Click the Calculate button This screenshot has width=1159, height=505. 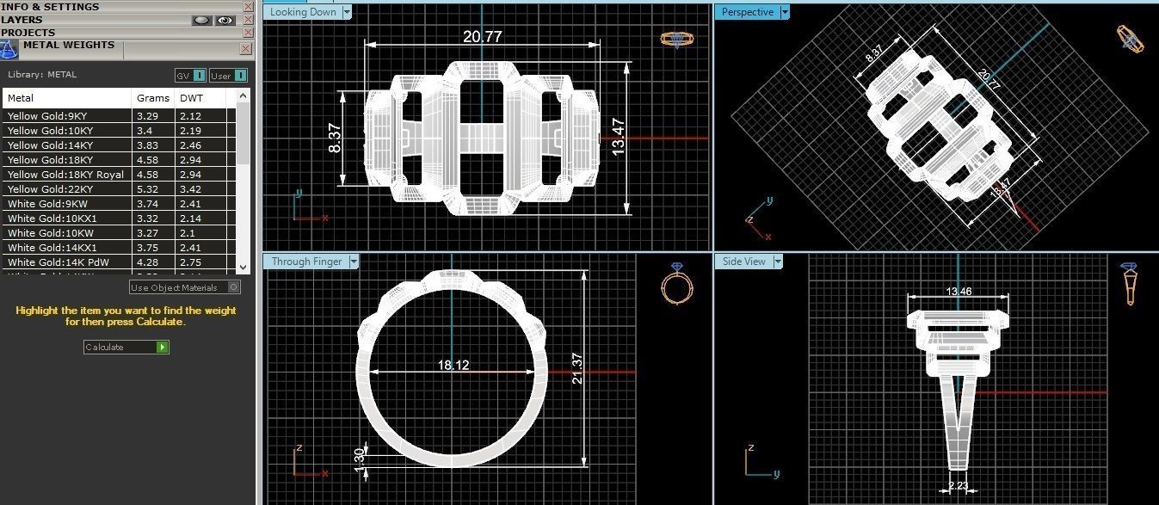pyautogui.click(x=126, y=347)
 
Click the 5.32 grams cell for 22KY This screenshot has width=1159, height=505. pyautogui.click(x=146, y=189)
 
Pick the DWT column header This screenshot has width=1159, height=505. pyautogui.click(x=191, y=98)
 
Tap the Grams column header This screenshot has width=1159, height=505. pyautogui.click(x=152, y=98)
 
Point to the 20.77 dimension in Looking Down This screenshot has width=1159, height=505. pyautogui.click(x=482, y=37)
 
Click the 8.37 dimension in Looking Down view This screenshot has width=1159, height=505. pyautogui.click(x=334, y=138)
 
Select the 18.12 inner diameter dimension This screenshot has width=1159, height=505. pyautogui.click(x=453, y=366)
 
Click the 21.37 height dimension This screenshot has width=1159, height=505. pyautogui.click(x=577, y=368)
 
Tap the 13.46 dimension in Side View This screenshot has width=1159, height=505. pyautogui.click(x=959, y=292)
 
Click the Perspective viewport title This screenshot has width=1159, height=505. pyautogui.click(x=747, y=12)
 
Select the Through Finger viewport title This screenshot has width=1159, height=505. pyautogui.click(x=306, y=262)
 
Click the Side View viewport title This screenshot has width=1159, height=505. pyautogui.click(x=743, y=262)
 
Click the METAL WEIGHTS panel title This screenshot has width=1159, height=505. pyautogui.click(x=68, y=46)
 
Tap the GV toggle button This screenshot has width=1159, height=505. pyautogui.click(x=190, y=76)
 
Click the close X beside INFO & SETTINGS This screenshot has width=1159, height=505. pyautogui.click(x=248, y=7)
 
